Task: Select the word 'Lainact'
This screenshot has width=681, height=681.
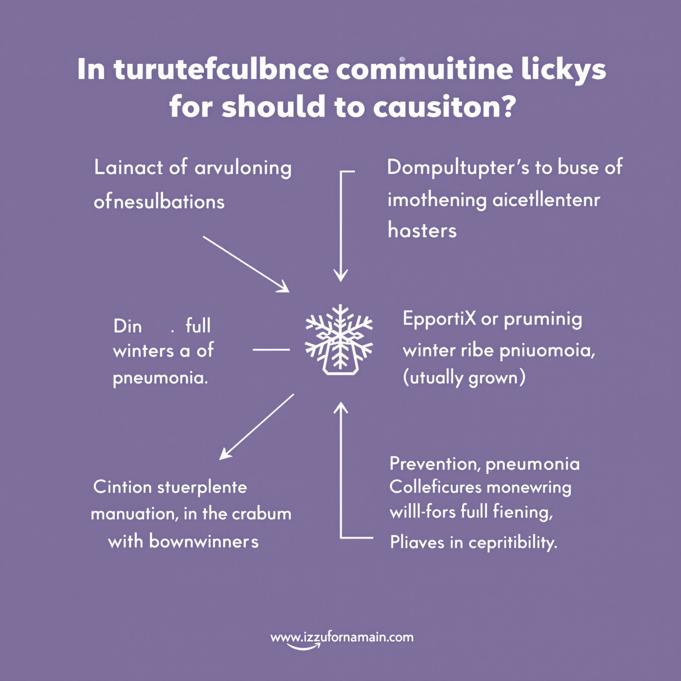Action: click(128, 168)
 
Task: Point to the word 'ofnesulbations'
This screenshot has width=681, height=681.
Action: click(159, 202)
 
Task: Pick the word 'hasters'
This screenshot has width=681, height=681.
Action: click(422, 231)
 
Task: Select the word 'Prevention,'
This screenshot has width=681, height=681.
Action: click(434, 464)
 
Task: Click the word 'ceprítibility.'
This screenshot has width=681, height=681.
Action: click(513, 542)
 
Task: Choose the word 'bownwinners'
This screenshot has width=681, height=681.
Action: click(204, 541)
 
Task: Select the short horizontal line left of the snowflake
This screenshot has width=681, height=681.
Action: click(271, 350)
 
